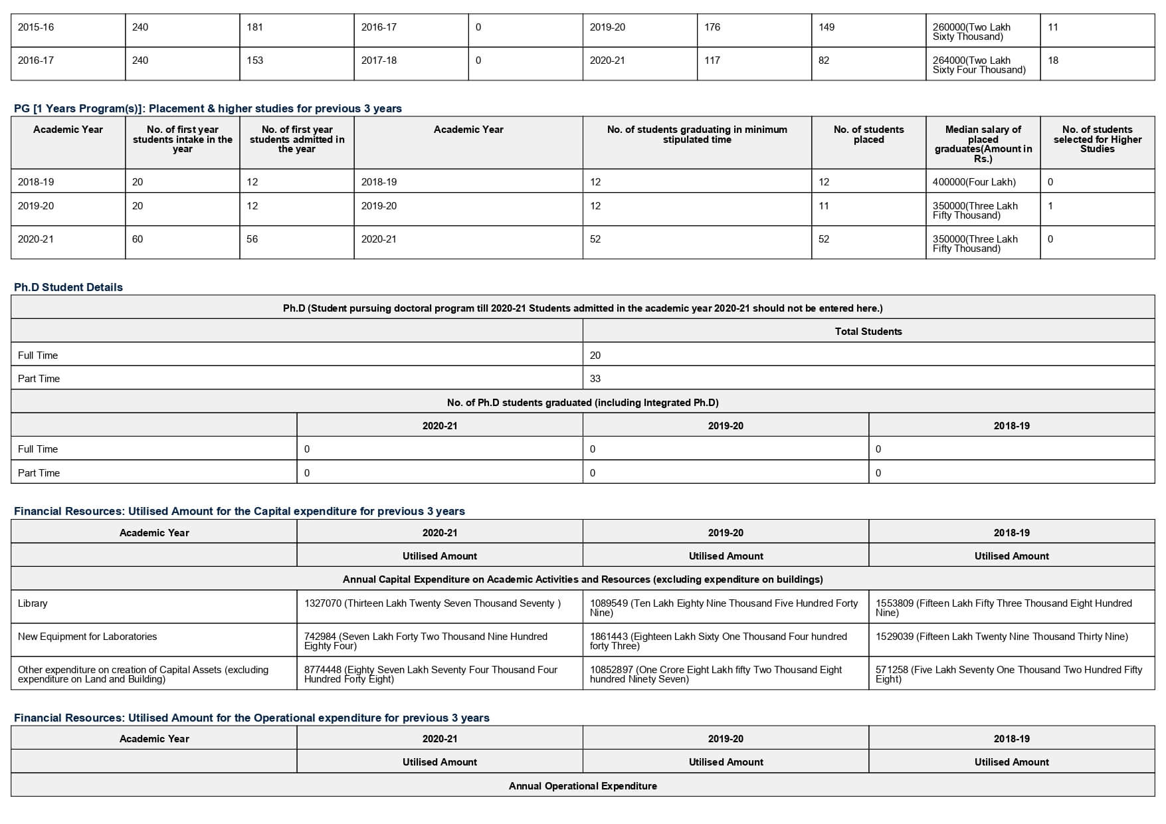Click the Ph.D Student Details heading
coord(68,287)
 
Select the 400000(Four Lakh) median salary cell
coord(973,182)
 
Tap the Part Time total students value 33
coord(595,379)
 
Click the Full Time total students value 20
coord(595,356)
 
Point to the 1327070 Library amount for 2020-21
coord(432,603)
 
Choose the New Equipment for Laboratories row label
coord(88,637)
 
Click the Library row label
coord(33,603)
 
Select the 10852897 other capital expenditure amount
coord(716,674)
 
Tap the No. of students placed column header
coord(868,134)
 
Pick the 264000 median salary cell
coord(979,64)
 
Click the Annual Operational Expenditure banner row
coord(583,786)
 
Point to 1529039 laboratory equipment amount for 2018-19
coord(1001,637)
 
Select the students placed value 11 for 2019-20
coord(824,206)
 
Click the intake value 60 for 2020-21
coord(138,239)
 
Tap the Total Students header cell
coord(868,332)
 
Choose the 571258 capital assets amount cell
coord(1008,674)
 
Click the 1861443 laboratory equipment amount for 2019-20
coord(718,641)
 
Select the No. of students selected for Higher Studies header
coord(1097,139)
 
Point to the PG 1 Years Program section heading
coord(208,108)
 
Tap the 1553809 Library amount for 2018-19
coord(1003,607)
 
